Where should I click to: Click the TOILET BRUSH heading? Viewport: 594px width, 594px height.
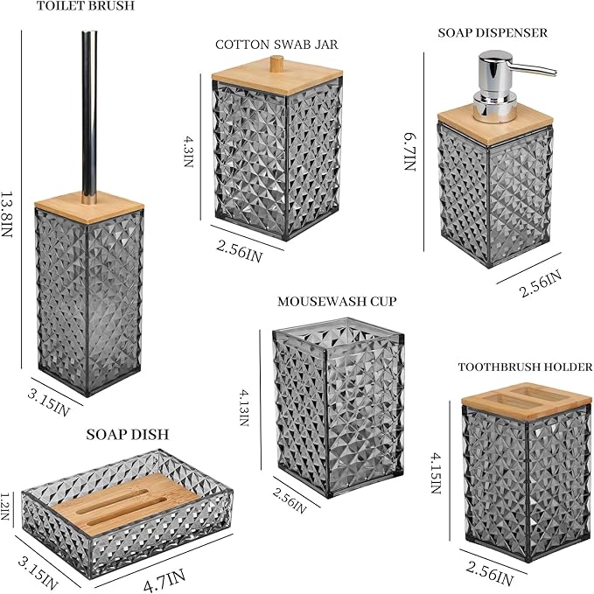[x=86, y=6]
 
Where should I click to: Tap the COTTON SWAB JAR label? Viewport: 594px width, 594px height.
[x=276, y=45]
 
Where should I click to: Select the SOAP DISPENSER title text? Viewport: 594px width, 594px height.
[x=493, y=32]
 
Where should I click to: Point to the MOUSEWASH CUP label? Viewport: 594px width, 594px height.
[x=337, y=302]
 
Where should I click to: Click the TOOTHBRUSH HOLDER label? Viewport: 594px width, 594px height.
[x=525, y=367]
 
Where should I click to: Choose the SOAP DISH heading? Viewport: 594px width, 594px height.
[x=128, y=435]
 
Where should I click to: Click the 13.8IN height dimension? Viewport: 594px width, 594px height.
[x=7, y=213]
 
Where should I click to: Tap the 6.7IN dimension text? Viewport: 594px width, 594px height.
[x=410, y=151]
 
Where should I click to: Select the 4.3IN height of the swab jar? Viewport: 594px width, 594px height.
[x=189, y=152]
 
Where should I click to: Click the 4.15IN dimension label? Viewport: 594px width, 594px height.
[x=436, y=473]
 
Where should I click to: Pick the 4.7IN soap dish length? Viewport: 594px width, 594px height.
[x=164, y=580]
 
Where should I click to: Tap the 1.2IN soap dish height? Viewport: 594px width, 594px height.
[x=4, y=507]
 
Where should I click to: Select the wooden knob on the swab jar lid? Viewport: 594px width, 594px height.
[x=277, y=62]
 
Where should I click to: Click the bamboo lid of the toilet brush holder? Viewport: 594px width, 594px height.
[x=89, y=207]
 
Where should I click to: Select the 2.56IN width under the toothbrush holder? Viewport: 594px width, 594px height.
[x=490, y=574]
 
